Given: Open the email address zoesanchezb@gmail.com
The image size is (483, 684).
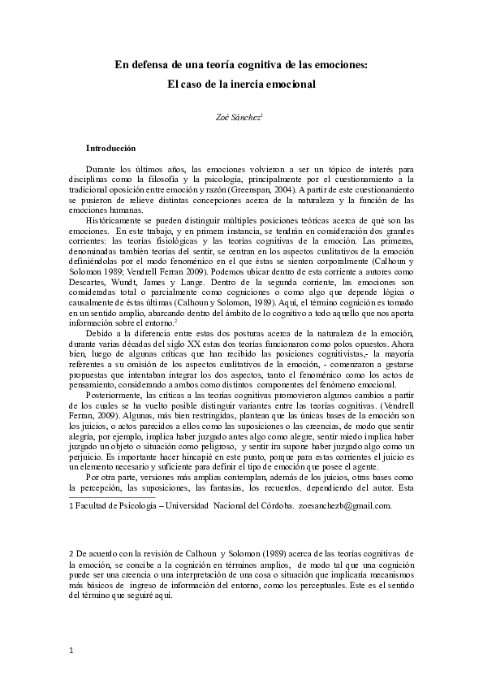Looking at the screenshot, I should [x=345, y=505].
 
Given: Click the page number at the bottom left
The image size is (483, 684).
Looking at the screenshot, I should [x=72, y=650].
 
